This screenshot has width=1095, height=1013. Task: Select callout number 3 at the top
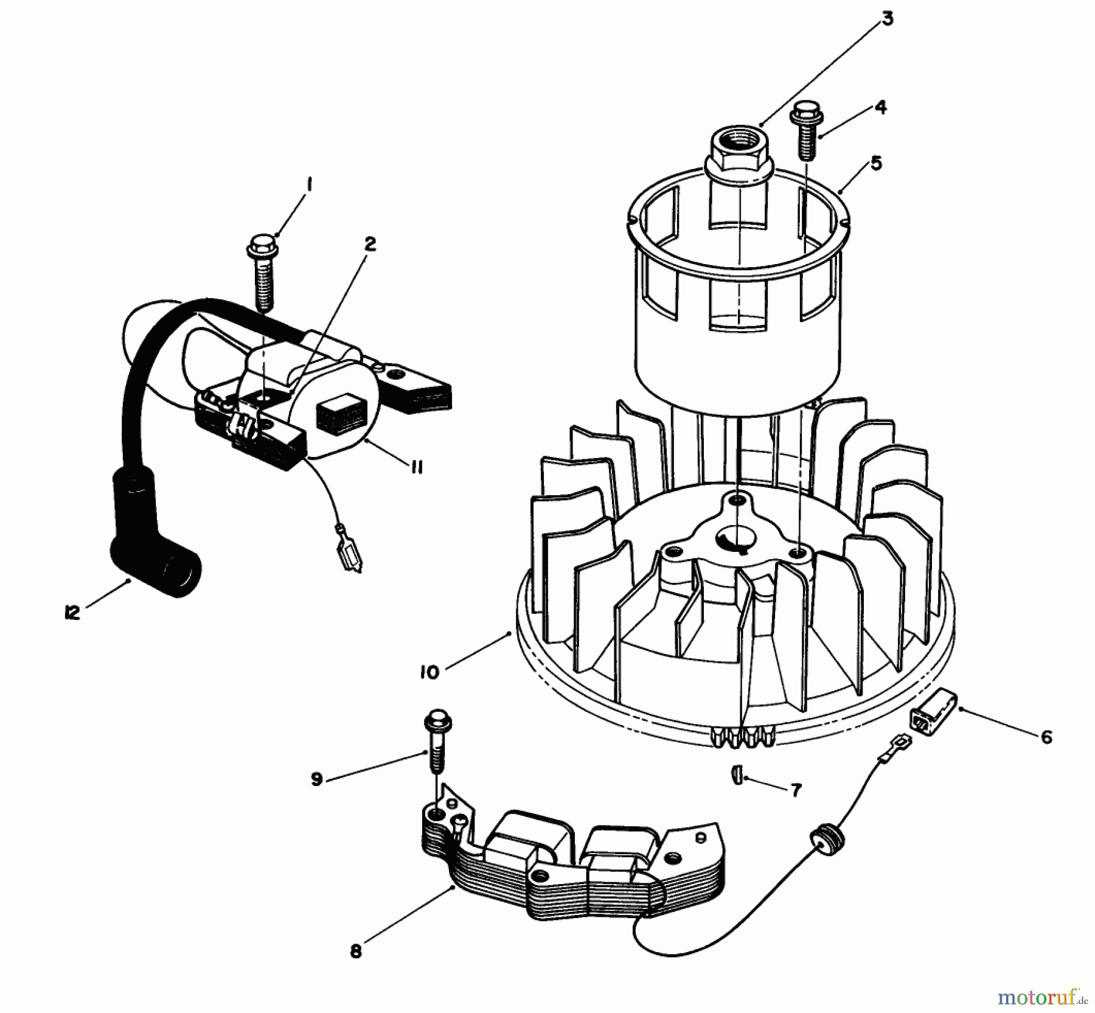(888, 19)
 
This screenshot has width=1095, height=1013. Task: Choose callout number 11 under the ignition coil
(416, 467)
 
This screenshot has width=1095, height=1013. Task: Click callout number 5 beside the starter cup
(876, 163)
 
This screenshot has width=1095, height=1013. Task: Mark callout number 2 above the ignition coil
(369, 245)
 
